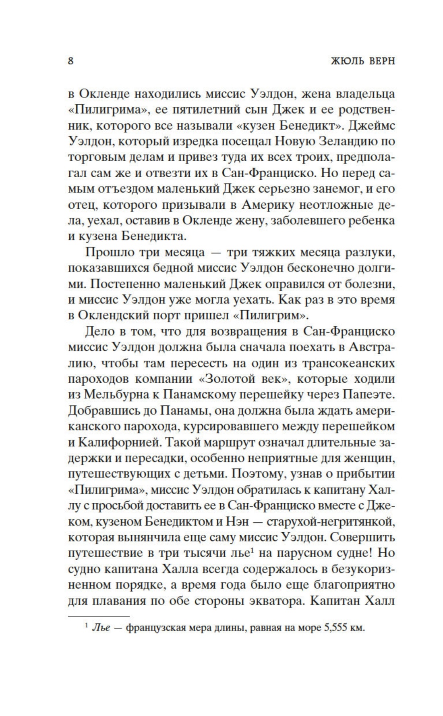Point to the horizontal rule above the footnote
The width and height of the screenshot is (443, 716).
pos(99,617)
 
